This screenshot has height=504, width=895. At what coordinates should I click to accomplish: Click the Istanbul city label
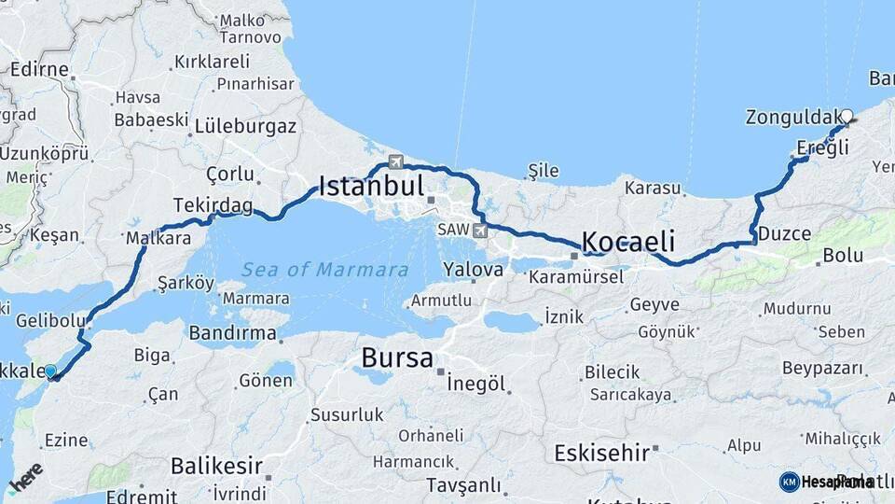point(371,185)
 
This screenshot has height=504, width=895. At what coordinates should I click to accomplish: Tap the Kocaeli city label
point(627,242)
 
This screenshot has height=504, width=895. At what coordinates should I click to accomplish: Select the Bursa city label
point(397,357)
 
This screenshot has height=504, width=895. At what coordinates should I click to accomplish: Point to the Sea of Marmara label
point(325,270)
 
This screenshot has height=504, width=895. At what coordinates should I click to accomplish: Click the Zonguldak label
point(792,118)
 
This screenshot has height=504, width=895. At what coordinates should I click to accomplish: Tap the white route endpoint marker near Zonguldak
point(847,117)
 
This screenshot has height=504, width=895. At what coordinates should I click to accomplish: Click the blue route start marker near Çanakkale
point(50,371)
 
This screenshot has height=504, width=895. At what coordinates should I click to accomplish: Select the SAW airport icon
point(480,230)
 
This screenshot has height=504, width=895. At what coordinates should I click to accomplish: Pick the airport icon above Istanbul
point(397,161)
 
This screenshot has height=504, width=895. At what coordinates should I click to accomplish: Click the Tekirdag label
point(213,204)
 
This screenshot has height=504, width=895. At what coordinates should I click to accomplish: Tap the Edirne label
point(39,69)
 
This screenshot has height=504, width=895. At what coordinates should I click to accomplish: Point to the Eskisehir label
point(601,454)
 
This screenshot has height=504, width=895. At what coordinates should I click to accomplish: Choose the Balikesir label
point(216,465)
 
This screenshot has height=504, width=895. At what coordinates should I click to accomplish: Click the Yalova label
point(474,269)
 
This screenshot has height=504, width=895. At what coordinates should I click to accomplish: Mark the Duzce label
point(784,233)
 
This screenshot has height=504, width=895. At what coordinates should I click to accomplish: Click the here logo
point(26,477)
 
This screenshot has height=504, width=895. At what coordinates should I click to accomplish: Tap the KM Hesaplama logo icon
point(789,482)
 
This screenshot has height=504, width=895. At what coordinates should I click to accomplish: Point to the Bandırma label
point(232,332)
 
